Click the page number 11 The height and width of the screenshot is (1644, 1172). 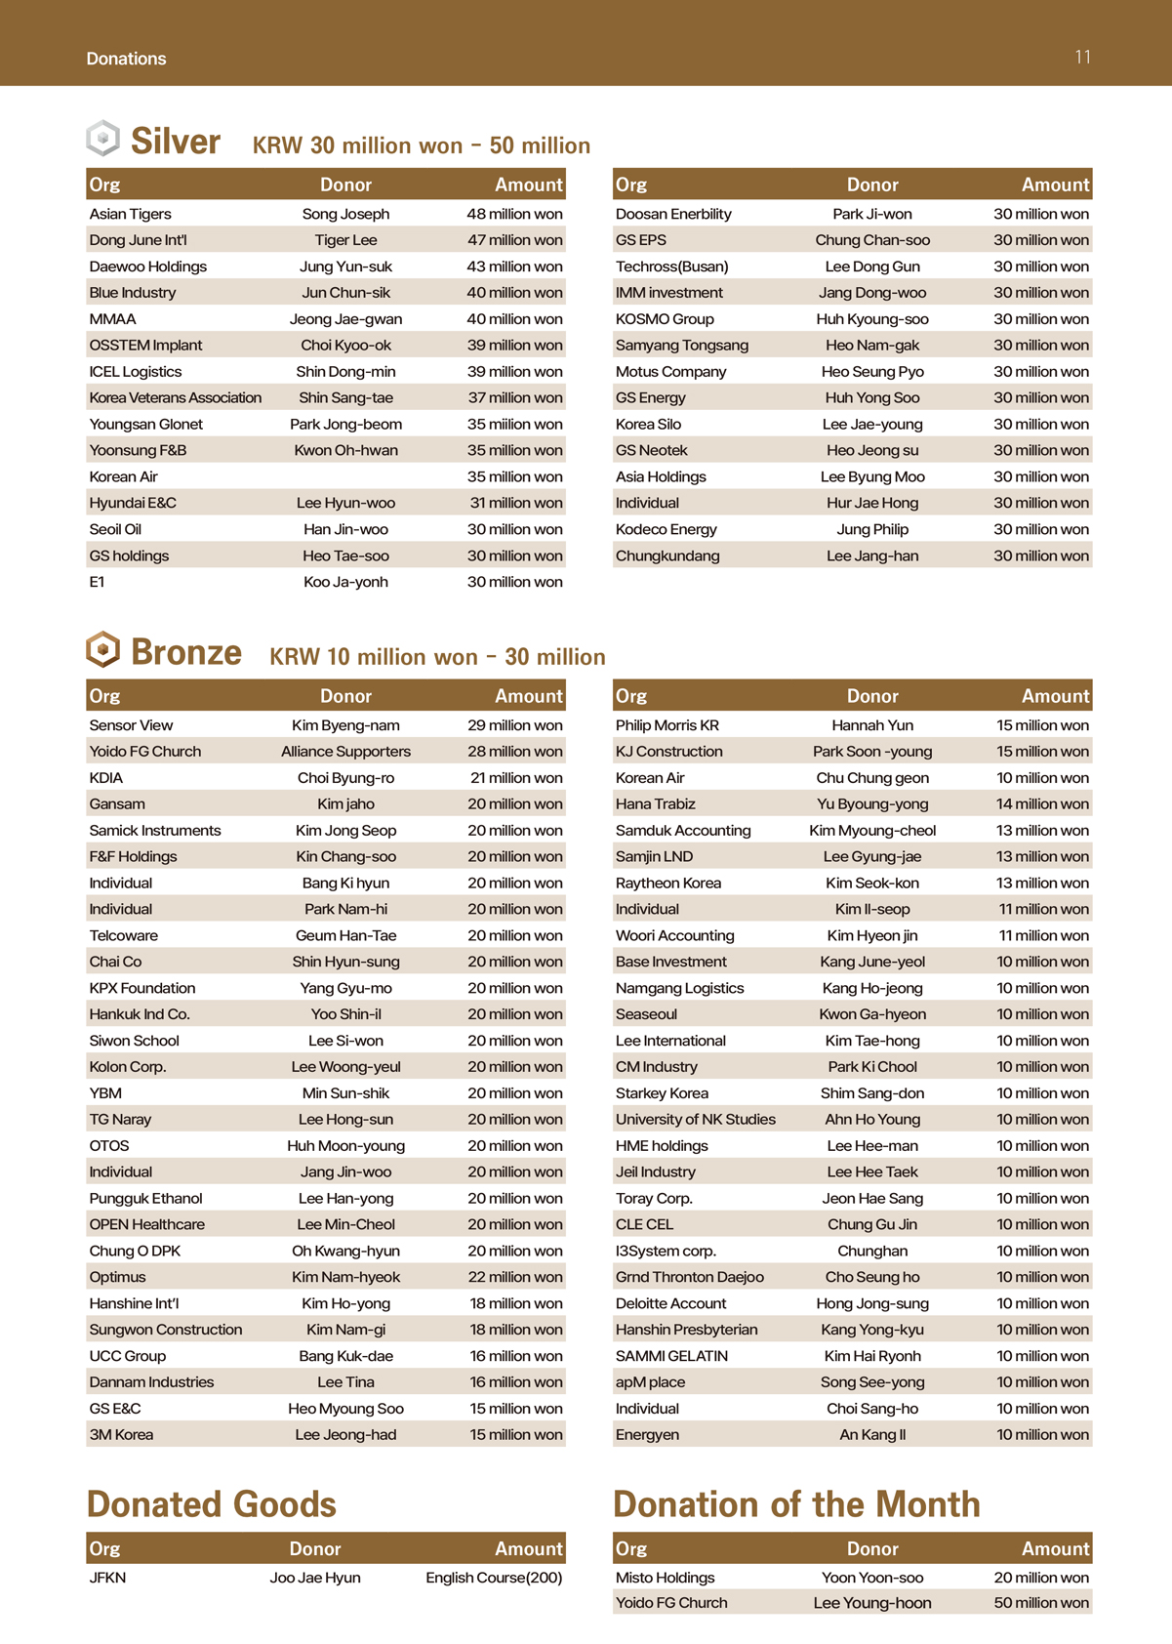tap(1082, 58)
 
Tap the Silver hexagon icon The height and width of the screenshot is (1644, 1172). tap(102, 139)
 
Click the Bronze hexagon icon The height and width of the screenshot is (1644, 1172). tap(102, 650)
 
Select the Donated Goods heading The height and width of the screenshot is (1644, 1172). tap(211, 1504)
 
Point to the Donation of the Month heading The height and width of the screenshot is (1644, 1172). tap(796, 1504)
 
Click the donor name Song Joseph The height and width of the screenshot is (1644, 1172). tap(345, 214)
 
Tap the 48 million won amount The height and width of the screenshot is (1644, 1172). tap(514, 214)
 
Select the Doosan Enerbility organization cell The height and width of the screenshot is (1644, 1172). tap(673, 214)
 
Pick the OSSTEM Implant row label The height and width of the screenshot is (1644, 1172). tap(145, 346)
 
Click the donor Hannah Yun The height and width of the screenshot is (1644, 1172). tap(872, 725)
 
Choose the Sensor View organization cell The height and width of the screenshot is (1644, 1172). tap(131, 725)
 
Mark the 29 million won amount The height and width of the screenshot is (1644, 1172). tap(514, 725)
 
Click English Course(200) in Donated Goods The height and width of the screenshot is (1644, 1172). tap(494, 1578)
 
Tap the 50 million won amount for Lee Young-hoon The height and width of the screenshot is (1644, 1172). tap(1041, 1603)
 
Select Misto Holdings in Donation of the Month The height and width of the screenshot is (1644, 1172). tap(665, 1578)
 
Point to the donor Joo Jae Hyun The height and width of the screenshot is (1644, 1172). tap(315, 1578)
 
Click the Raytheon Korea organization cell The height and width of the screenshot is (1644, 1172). tap(668, 884)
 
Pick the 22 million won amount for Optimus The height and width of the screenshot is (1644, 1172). tap(514, 1278)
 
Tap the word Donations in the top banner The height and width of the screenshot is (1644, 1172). tap(126, 59)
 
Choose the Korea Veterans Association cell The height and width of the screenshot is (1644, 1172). tap(176, 398)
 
